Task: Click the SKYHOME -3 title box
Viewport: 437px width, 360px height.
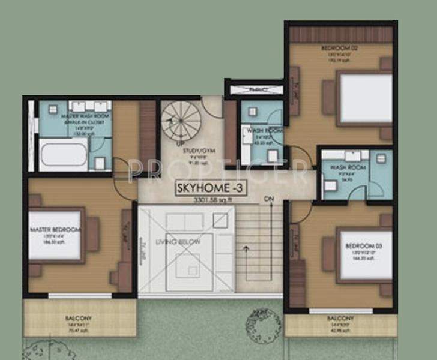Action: coord(208,189)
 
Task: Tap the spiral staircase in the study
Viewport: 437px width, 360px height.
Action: coord(182,121)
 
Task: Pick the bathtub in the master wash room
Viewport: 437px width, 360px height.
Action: coord(63,154)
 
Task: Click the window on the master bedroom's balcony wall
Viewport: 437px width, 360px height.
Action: coord(79,295)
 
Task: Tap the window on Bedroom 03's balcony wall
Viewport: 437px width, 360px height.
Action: coord(339,311)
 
